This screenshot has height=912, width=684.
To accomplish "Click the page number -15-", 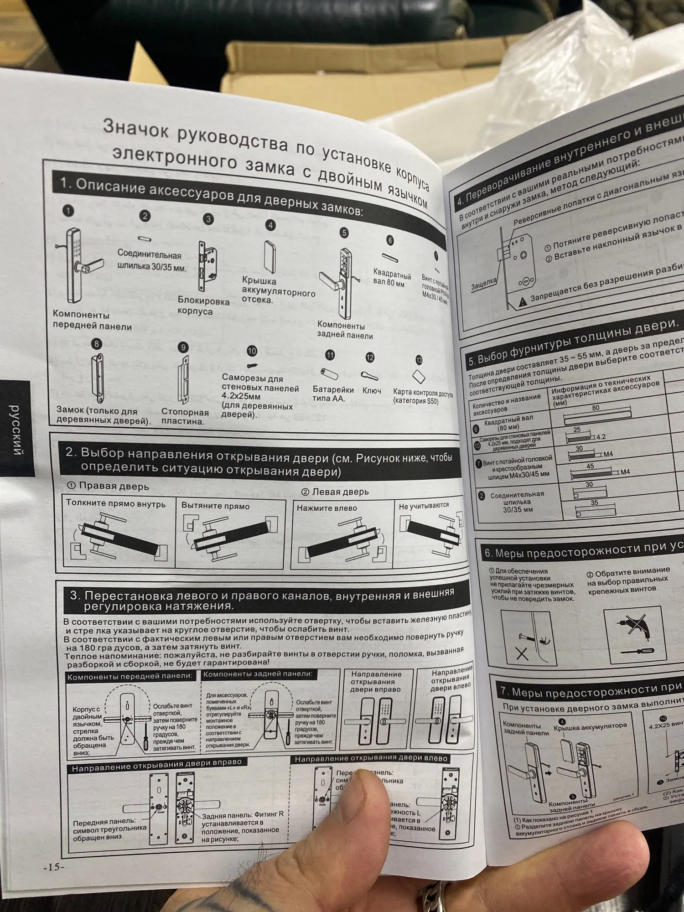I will pos(54,867).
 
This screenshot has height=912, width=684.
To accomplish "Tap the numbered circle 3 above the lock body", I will pos(208,219).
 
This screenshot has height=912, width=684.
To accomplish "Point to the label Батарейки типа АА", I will pos(333,394).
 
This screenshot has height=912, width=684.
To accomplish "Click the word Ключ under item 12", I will pos(372,391).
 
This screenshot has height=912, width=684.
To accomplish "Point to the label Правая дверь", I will pos(109,486).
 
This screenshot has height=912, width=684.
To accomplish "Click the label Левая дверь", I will pos(335,492).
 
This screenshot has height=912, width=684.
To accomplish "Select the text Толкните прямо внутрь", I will pos(115,503).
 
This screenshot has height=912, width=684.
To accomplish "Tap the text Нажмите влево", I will pos(326,508).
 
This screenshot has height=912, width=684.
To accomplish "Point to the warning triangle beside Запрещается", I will pos(523,301).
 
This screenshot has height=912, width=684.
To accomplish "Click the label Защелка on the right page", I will pos(483,284).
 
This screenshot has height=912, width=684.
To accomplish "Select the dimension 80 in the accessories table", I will pos(596,408).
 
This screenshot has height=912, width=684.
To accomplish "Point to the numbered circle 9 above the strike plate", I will pos(183,347).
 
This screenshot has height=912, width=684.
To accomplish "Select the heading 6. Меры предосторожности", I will pos(579,550).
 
